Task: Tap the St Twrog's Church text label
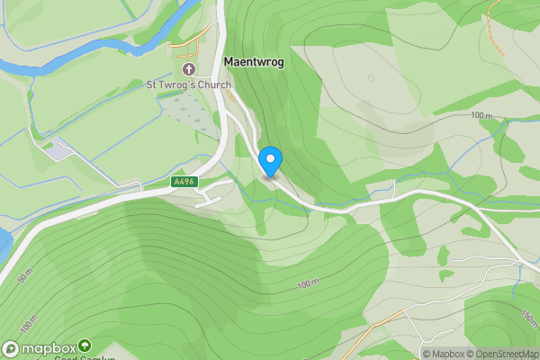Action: pyautogui.click(x=190, y=85)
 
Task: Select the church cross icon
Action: pyautogui.click(x=189, y=69)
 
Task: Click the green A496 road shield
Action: pyautogui.click(x=184, y=181)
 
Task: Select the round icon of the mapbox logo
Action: pyautogui.click(x=11, y=349)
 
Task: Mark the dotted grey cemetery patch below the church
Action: pyautogui.click(x=188, y=112)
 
